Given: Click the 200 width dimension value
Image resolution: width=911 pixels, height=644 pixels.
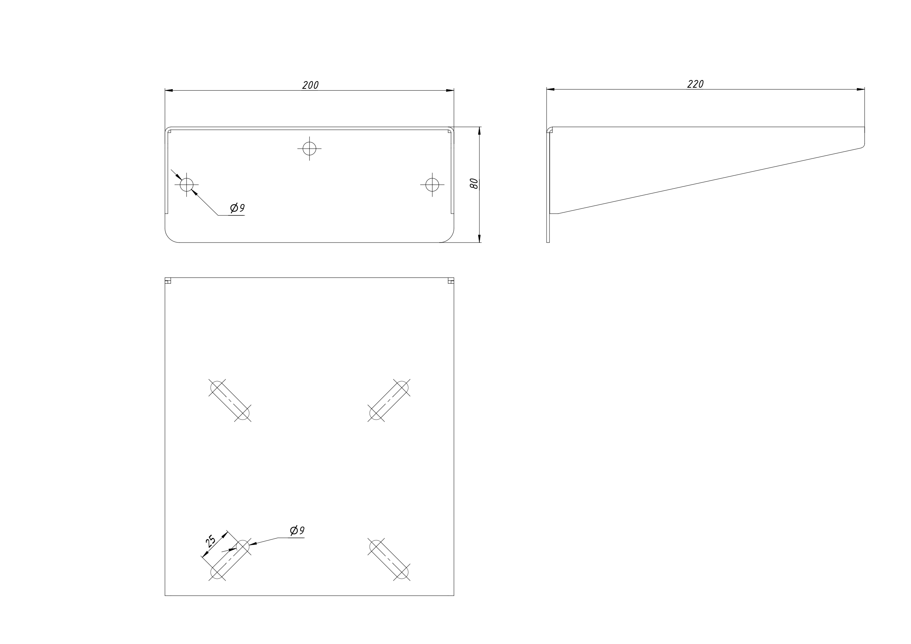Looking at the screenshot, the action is coord(310,85).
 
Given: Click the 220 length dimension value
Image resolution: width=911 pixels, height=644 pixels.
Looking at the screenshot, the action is coord(695,84).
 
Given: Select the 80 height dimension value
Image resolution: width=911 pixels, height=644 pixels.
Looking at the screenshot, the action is coord(474,184).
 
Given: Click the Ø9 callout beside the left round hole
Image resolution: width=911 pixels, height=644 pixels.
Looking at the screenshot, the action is coord(237,208).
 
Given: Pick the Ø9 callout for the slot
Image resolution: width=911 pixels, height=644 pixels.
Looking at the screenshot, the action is coord(297,530).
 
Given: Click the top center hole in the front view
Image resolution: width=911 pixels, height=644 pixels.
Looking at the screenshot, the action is coord(309,149).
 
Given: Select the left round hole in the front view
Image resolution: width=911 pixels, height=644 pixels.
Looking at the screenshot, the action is coord(186,185).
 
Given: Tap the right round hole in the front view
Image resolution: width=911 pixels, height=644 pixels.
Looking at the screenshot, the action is coord(432,185).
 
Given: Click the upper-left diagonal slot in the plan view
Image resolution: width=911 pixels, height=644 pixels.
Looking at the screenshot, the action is coord(230,400).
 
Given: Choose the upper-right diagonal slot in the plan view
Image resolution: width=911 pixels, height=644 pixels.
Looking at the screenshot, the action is coord(389,400).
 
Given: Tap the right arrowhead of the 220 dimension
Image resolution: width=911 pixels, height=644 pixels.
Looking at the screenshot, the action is coord(860,89).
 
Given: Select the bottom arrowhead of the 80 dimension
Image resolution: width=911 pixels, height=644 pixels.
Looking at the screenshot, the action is coord(479,239).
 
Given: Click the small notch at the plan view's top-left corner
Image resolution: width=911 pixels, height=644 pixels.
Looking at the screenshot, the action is coord(168,281).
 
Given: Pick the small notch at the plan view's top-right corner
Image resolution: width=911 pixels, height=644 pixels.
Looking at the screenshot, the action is coord(451,281).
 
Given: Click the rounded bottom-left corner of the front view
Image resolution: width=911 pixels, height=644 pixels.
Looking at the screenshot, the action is coord(170,238).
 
